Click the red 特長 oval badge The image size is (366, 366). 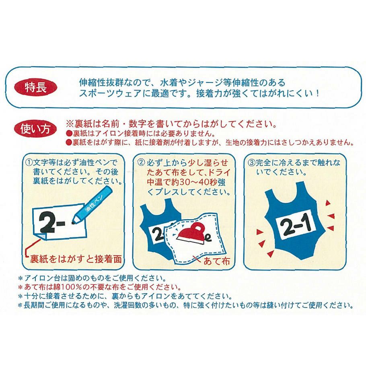click(x=36, y=88)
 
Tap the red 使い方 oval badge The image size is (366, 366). click(x=35, y=129)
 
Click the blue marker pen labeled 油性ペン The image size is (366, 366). click(x=92, y=205)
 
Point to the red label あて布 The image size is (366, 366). click(x=217, y=261)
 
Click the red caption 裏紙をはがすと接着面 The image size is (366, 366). click(x=76, y=259)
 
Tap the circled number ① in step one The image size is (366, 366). click(x=29, y=163)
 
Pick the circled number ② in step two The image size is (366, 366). click(x=141, y=163)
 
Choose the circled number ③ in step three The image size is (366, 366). click(x=251, y=163)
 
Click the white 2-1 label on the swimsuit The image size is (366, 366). click(x=296, y=225)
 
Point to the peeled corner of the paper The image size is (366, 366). click(x=43, y=237)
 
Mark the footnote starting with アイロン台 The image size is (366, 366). click(x=92, y=278)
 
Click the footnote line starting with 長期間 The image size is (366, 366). click(x=185, y=305)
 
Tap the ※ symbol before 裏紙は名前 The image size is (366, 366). click(x=70, y=124)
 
